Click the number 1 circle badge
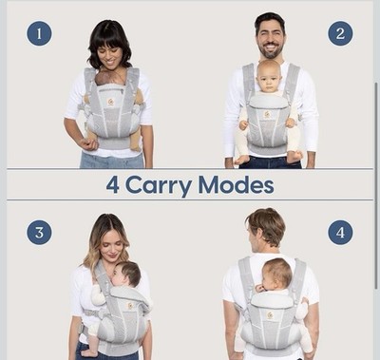coord(39,33)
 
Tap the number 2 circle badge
coord(340,33)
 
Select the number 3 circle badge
coord(39,233)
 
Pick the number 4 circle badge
coord(340,233)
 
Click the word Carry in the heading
coord(159,186)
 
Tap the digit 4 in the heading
coord(113,185)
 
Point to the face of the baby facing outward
coord(269,77)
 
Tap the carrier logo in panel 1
coord(111,102)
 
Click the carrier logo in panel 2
coord(267,115)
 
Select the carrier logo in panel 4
coord(270,315)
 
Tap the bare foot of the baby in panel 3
coord(89,352)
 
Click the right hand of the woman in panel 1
coord(87,143)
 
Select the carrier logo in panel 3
coord(130,305)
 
